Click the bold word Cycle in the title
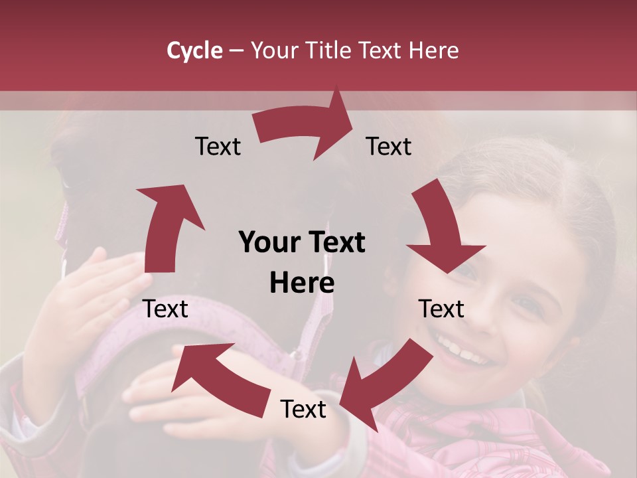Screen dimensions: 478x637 [194, 50]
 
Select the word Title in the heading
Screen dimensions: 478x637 [330, 50]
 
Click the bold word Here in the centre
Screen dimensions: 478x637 [302, 283]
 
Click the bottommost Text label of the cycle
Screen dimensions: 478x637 [303, 410]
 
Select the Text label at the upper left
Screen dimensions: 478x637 [218, 147]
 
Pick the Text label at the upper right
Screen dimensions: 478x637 [389, 147]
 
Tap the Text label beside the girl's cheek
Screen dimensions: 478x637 [441, 309]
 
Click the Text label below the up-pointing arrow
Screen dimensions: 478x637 [166, 309]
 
